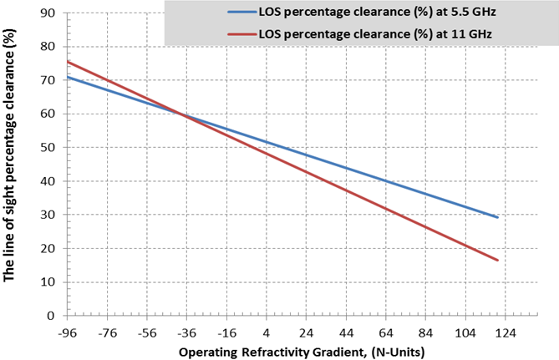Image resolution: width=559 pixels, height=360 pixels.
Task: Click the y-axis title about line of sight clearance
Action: (x=11, y=164)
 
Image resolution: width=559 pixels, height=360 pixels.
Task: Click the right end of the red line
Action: (x=498, y=261)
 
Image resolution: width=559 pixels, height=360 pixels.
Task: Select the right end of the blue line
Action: (x=498, y=217)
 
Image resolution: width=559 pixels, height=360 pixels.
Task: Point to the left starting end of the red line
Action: (x=67, y=61)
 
